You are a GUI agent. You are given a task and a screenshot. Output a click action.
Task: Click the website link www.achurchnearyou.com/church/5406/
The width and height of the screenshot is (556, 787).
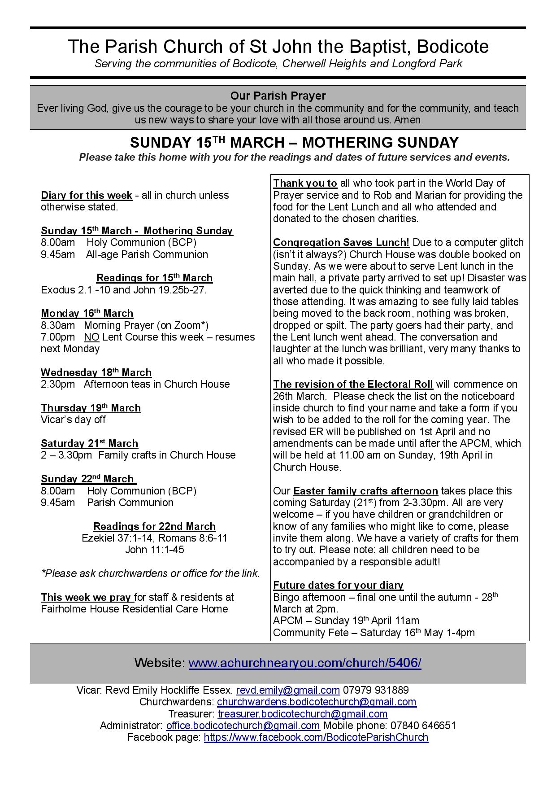(304, 663)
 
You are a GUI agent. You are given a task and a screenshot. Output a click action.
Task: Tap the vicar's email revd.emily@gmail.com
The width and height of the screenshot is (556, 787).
(287, 690)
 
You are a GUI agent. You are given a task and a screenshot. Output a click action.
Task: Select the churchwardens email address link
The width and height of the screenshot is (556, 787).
(317, 702)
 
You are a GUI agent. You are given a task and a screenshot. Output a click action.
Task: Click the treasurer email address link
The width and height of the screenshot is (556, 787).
(303, 714)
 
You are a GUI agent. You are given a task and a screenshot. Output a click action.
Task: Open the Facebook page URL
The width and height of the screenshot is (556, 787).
(316, 737)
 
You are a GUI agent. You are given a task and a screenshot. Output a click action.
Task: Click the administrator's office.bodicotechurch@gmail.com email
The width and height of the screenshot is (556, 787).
(243, 726)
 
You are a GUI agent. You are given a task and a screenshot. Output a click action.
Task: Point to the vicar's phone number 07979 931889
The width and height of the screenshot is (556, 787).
(376, 690)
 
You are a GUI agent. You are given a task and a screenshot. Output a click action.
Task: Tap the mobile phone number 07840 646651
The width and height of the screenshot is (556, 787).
(423, 726)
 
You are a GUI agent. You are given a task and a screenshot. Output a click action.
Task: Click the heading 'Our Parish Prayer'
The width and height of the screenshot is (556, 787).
(278, 96)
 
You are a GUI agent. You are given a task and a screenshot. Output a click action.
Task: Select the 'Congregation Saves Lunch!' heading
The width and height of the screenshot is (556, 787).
(341, 243)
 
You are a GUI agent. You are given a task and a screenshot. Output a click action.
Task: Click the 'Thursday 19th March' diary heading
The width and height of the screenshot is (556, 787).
(91, 408)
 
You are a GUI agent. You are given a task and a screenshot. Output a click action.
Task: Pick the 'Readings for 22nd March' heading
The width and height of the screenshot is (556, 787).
(154, 526)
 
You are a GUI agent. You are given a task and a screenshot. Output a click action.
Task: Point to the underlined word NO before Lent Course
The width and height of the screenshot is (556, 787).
(91, 337)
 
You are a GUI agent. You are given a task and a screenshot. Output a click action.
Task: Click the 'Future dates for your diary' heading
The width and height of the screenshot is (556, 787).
(338, 585)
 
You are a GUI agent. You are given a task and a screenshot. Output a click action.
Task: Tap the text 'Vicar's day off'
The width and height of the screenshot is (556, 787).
(73, 420)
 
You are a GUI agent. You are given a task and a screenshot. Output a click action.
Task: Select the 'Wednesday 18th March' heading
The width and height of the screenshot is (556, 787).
(96, 372)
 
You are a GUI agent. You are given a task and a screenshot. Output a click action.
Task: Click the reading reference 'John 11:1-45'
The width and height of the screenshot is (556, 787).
(154, 550)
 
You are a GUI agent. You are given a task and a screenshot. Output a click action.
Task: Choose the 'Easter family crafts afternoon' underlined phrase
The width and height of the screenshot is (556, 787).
(365, 491)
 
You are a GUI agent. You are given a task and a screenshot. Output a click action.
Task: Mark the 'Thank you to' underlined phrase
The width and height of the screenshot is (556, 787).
(305, 183)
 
